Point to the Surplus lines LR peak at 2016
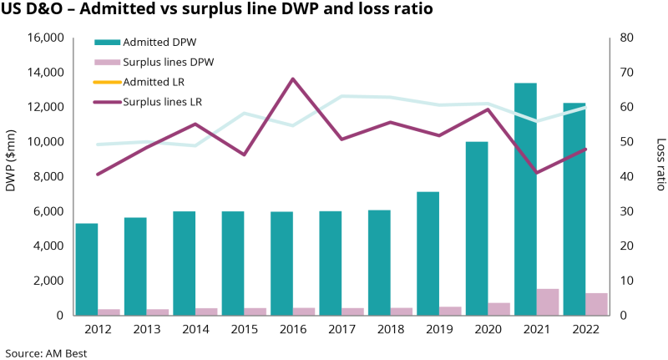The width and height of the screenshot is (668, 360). tap(292, 79)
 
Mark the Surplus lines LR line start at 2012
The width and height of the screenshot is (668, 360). tap(97, 174)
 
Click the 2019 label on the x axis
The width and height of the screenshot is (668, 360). tap(439, 329)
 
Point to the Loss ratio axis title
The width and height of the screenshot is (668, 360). tap(660, 165)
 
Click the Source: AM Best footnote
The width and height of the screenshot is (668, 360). tap(46, 352)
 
